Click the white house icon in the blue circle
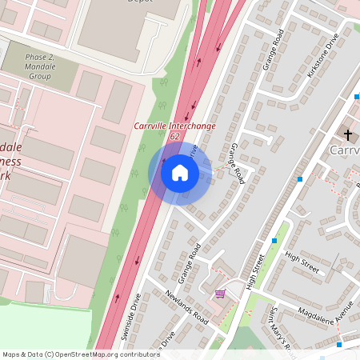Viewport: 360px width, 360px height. pos(180,172)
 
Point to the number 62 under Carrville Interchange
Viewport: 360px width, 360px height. pos(174,137)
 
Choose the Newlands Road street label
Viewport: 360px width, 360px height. pos(187,307)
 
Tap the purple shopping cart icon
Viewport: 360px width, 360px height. pos(220,294)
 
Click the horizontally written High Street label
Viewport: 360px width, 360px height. pos(301,262)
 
